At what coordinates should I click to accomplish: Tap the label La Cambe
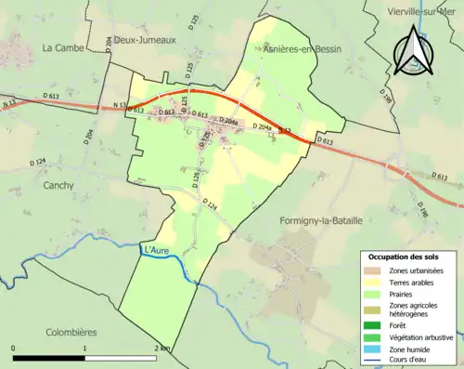(x=63, y=47)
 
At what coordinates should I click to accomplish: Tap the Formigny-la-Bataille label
(x=320, y=220)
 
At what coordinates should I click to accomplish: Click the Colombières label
(x=71, y=332)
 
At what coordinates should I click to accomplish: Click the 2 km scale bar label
(x=161, y=348)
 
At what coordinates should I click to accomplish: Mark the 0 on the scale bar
(x=14, y=348)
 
